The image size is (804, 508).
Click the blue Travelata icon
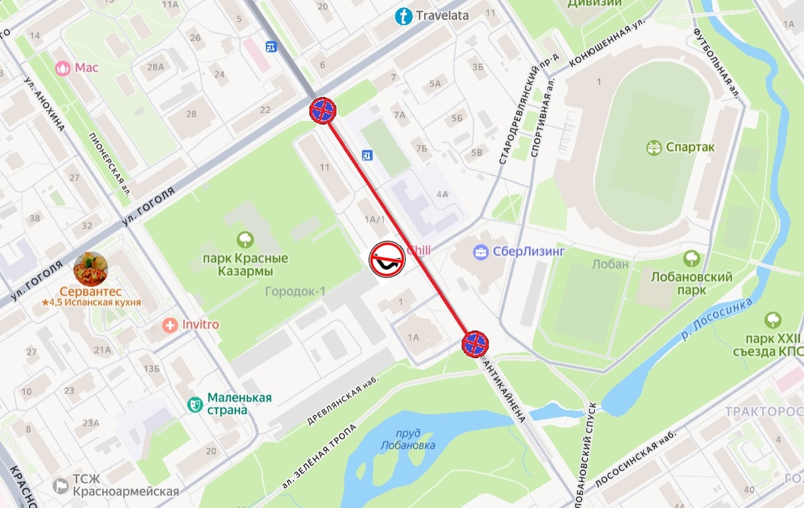(403, 16)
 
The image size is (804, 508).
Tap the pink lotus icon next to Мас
(63, 68)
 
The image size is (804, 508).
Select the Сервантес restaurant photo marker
(90, 269)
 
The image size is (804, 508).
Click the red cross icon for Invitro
(170, 325)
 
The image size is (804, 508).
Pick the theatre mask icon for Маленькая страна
(195, 404)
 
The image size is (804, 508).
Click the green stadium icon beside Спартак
(654, 147)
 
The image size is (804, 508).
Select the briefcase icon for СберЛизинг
(480, 253)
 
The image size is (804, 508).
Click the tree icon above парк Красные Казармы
(245, 239)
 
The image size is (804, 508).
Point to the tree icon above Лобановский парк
(691, 259)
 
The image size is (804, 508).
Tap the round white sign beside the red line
(387, 259)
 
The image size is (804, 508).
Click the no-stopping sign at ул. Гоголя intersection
(323, 111)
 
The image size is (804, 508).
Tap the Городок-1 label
(295, 292)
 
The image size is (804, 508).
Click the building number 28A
(155, 67)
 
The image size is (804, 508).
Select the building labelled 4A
(442, 195)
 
